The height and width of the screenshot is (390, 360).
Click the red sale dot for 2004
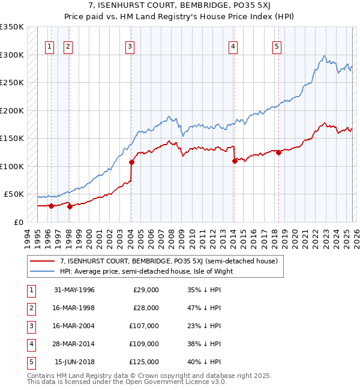[x=131, y=162]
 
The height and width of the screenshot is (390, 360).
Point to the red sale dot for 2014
[x=235, y=161]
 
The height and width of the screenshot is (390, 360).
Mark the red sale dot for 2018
[x=278, y=152]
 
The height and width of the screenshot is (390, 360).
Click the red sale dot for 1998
[x=70, y=206]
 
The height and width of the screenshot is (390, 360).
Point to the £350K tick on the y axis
[x=12, y=27]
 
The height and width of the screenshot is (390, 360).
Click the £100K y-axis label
[x=12, y=166]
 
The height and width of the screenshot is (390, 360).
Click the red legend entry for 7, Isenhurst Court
[x=168, y=262]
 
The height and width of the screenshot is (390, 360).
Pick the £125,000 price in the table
[x=145, y=361]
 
